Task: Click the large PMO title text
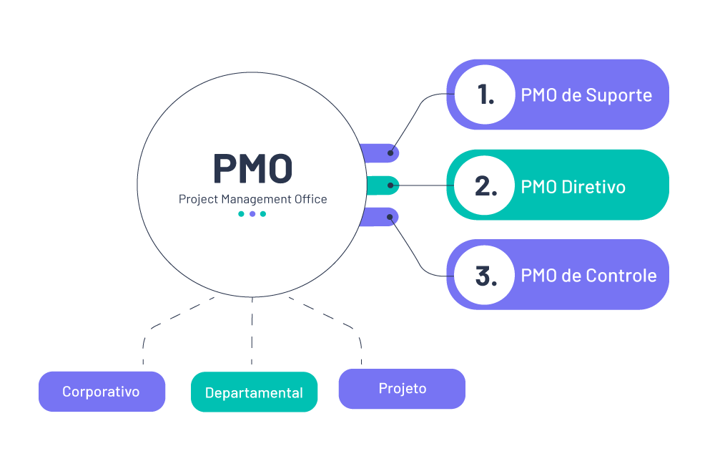252,169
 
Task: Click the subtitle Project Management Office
252,199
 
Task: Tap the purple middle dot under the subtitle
252,214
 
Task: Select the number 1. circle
485,95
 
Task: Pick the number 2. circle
485,186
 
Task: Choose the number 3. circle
485,276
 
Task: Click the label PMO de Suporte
586,95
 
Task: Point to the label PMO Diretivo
573,187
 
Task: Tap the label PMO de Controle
588,276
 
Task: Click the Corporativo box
102,392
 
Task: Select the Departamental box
254,392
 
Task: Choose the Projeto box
402,389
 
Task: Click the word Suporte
619,95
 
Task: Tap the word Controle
621,276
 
